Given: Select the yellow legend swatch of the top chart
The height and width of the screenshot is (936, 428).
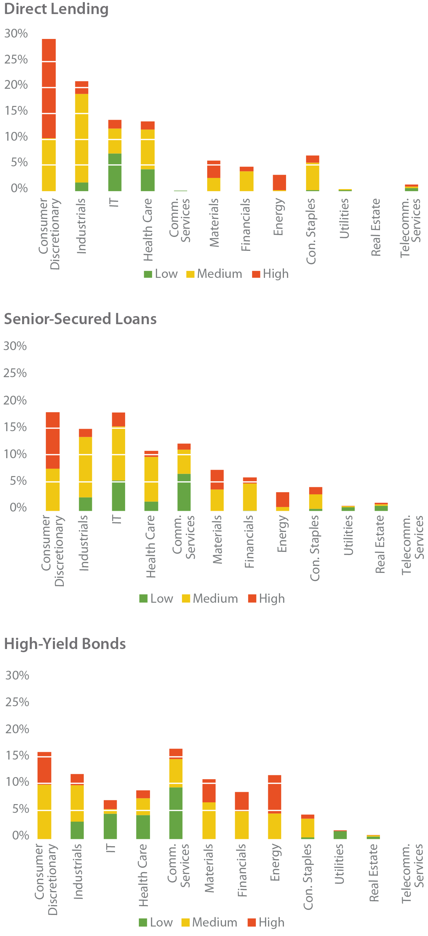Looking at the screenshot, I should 188,283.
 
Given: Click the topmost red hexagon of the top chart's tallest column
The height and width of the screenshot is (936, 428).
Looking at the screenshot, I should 49,49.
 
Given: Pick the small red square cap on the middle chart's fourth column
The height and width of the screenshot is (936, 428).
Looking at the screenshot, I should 151,447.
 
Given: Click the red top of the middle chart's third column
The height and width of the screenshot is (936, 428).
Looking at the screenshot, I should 118,416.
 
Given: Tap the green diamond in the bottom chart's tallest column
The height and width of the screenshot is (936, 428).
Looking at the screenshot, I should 176,797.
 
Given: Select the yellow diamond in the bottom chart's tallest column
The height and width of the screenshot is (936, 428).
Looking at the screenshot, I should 176,770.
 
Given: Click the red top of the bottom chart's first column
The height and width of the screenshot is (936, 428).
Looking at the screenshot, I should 45,749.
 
